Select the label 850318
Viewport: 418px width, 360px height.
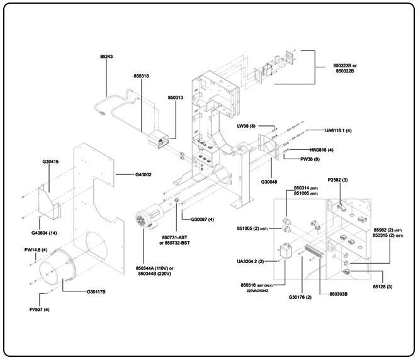[x=141, y=76]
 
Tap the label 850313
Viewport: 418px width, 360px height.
[x=176, y=98]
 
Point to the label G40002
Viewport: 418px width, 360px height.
[x=144, y=174]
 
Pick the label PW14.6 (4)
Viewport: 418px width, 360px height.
[x=35, y=250]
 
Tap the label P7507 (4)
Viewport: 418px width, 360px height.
[x=38, y=309]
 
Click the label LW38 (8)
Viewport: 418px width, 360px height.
[x=247, y=127]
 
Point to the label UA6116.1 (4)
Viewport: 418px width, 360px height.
[x=339, y=130]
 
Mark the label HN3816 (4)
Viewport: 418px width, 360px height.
[x=322, y=150]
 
